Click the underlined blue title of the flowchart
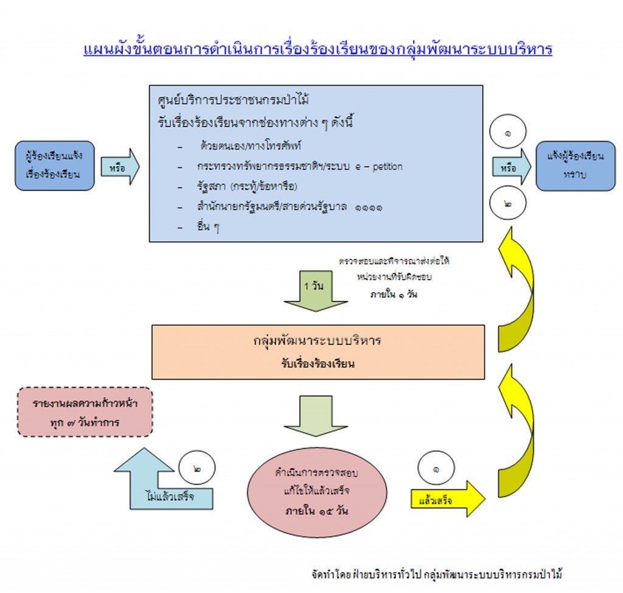(x=318, y=48)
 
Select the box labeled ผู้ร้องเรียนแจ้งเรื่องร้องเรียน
(x=55, y=164)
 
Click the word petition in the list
(x=384, y=166)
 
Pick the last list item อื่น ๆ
(x=207, y=228)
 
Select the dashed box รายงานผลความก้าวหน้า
(x=85, y=412)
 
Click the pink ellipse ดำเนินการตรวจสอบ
(x=317, y=491)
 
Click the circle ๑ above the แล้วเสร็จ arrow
(x=436, y=469)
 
